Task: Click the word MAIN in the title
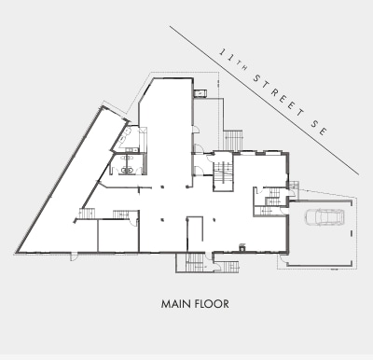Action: pyautogui.click(x=173, y=303)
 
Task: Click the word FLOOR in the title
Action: pyautogui.click(x=211, y=303)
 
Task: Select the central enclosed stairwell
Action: pyautogui.click(x=223, y=174)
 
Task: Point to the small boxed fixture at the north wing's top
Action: pyautogui.click(x=200, y=93)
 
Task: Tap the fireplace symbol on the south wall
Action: pyautogui.click(x=242, y=248)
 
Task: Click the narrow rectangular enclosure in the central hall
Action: pyautogui.click(x=195, y=233)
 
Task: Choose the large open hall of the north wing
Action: pyautogui.click(x=166, y=131)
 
